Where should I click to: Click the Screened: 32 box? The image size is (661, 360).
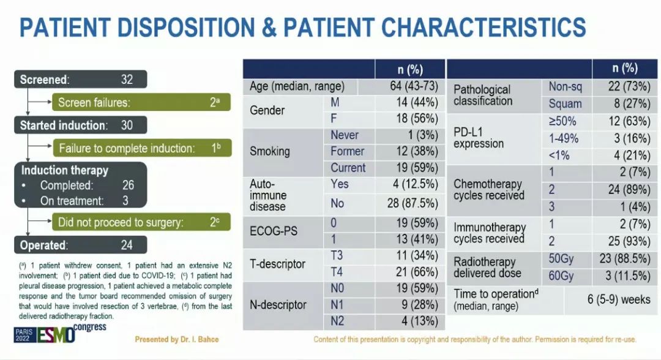click(81, 79)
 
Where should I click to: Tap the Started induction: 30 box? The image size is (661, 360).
click(81, 126)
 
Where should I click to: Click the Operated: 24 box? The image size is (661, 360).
click(81, 245)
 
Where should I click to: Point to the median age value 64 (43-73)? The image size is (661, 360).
click(414, 86)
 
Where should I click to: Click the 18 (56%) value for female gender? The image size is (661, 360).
click(416, 118)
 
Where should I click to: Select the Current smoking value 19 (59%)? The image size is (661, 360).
click(416, 168)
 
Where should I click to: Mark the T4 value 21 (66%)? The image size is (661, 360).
click(416, 271)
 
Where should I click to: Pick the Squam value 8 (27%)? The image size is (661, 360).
click(624, 103)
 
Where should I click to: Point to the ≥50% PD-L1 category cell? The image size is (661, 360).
click(562, 121)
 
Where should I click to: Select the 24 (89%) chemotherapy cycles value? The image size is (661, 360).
click(624, 190)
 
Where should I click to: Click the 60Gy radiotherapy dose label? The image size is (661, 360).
click(561, 276)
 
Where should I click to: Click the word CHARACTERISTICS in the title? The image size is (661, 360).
click(484, 28)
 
